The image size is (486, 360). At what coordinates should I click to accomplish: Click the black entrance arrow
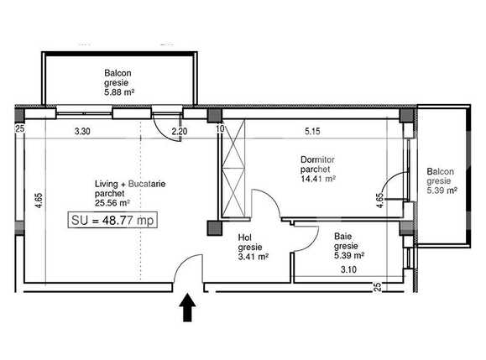coord(187,308)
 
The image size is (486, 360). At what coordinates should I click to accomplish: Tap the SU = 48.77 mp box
coord(112,220)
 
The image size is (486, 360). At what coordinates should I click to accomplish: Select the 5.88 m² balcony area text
coord(119,92)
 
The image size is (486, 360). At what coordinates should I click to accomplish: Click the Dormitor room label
coord(317,159)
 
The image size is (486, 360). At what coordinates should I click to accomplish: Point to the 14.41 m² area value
coord(318,179)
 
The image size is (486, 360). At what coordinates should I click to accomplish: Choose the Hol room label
coord(245,237)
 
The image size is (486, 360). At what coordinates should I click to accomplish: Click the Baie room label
coord(342,237)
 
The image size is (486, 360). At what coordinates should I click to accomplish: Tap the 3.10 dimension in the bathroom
coord(348,269)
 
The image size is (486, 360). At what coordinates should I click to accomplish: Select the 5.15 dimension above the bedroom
coord(312,131)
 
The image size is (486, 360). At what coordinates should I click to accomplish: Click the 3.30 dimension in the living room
coord(82,132)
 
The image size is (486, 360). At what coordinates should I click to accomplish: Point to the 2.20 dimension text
coord(180,132)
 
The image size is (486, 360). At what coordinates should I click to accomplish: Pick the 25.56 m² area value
coord(112,203)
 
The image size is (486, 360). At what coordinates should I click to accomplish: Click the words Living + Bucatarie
coord(130,184)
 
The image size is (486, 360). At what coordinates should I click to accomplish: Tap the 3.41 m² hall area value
coord(253,257)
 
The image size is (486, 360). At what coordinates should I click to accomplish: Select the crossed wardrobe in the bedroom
coord(233,168)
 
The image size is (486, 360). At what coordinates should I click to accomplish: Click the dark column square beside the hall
coord(215,227)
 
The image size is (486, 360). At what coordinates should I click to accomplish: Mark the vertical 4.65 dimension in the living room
coord(39,201)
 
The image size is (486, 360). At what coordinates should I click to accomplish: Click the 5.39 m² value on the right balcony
coord(442,190)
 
